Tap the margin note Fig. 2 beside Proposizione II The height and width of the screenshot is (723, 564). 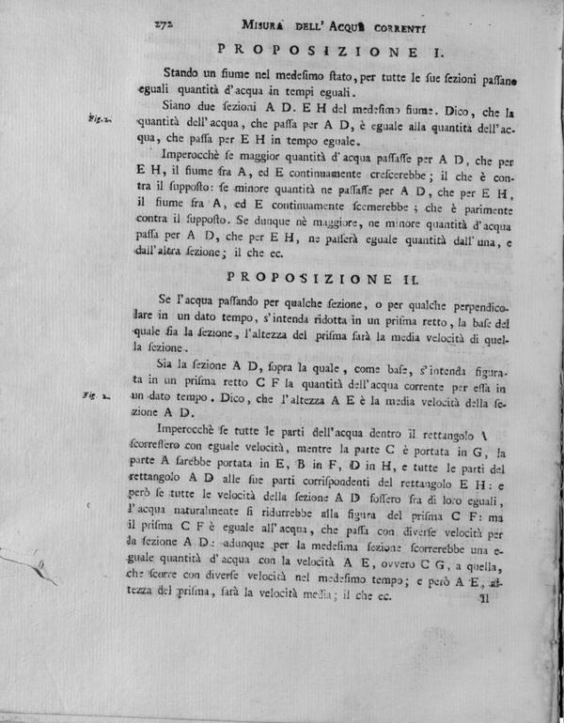[97, 398]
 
